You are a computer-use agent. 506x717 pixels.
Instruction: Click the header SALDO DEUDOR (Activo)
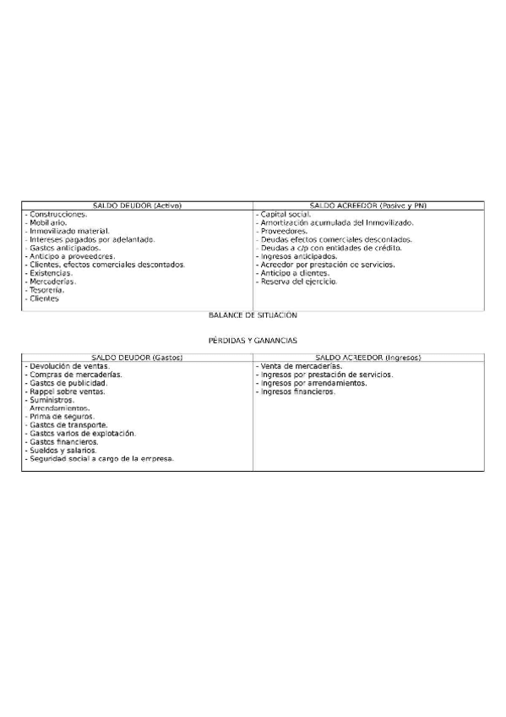click(x=137, y=205)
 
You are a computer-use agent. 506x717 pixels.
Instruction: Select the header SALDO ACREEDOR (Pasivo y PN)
click(x=368, y=205)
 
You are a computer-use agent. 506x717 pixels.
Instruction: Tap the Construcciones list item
click(x=57, y=215)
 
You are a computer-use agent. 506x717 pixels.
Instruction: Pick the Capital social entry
click(x=286, y=215)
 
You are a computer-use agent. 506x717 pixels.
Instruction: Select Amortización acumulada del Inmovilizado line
click(x=337, y=223)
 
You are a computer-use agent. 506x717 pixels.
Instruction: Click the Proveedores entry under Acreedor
click(x=284, y=231)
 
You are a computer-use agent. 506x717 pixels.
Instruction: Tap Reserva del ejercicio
click(x=299, y=282)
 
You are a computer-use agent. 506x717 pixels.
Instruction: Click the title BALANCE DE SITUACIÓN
click(x=253, y=315)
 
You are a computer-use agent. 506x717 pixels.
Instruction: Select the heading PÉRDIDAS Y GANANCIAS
click(x=253, y=340)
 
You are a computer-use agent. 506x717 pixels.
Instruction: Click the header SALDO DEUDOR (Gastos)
click(x=137, y=358)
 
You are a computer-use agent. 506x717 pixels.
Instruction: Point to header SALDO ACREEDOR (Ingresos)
click(x=368, y=358)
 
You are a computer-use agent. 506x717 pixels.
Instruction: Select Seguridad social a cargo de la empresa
click(x=101, y=459)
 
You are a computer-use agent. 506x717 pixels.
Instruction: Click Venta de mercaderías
click(x=300, y=366)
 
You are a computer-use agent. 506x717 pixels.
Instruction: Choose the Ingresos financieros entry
click(x=298, y=391)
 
